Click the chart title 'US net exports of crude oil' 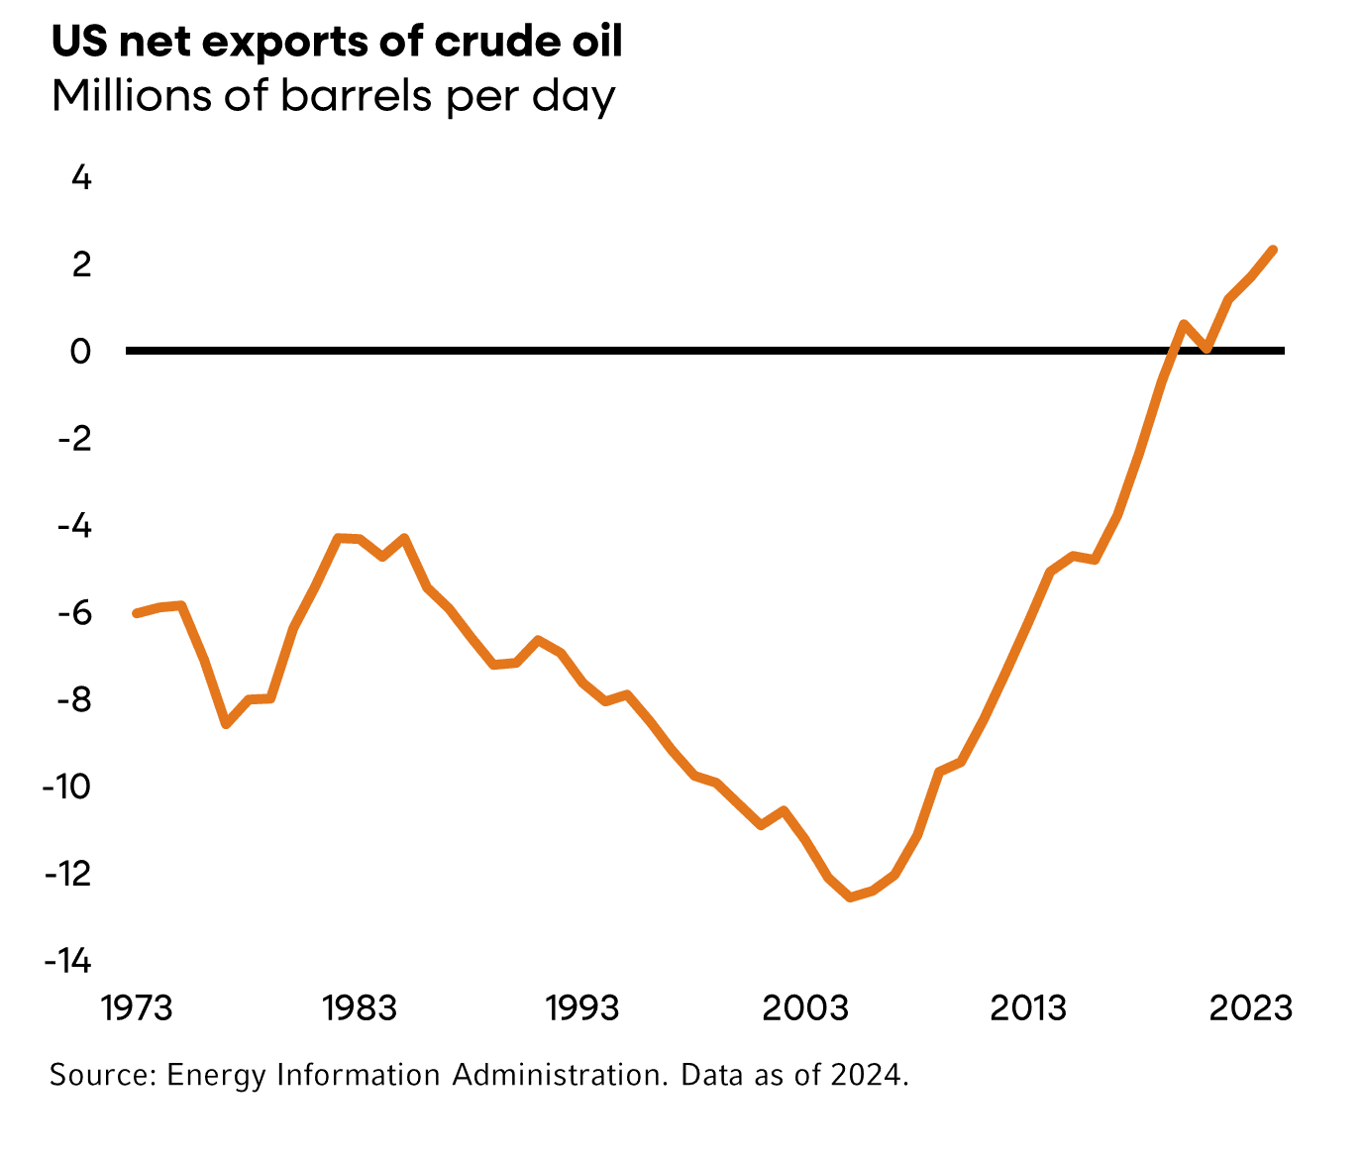[337, 42]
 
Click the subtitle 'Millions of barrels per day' [333, 96]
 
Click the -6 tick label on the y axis [74, 612]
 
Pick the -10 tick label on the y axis [67, 787]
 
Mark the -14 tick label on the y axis [67, 960]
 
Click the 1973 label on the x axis [137, 1007]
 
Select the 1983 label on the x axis [360, 1007]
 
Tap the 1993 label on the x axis [582, 1007]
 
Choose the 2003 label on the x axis [805, 1007]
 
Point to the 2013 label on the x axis [1028, 1007]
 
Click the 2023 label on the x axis [1252, 1007]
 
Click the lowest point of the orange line [850, 897]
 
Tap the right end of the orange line [1273, 250]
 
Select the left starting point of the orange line [137, 613]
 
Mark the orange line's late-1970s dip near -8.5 [227, 724]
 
